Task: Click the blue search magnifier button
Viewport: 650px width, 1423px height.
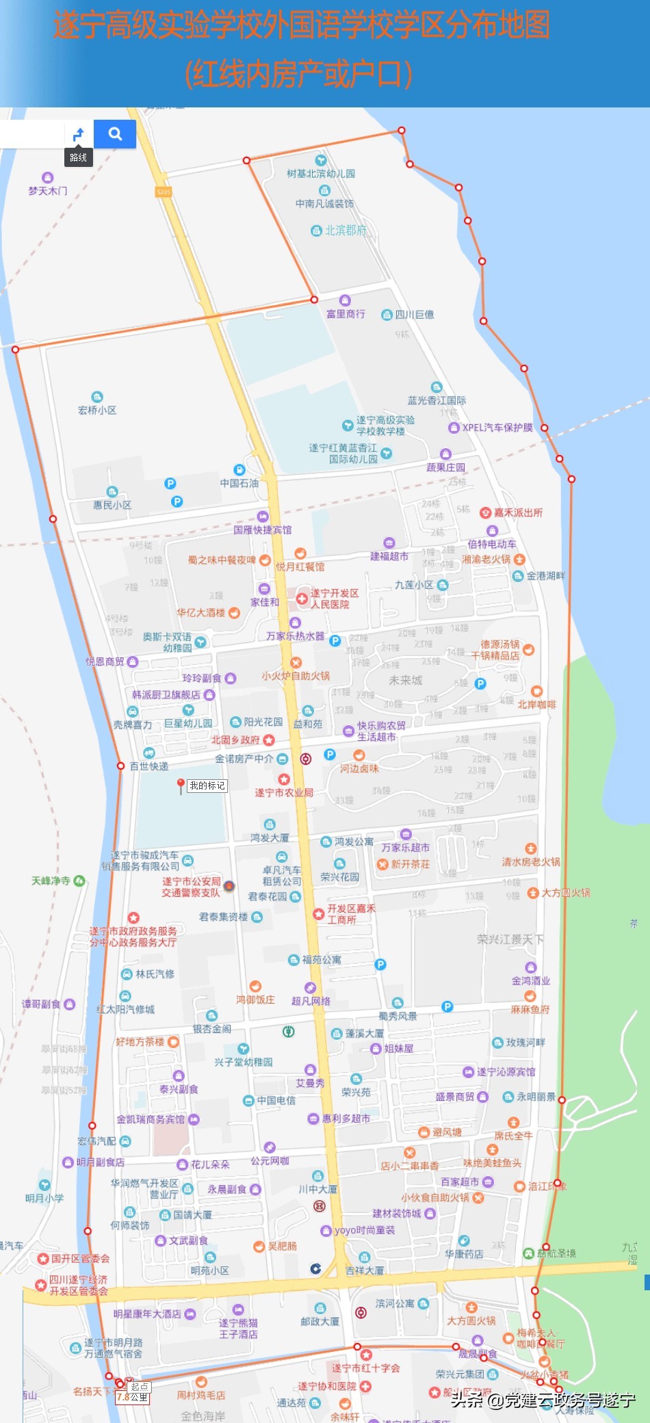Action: [x=115, y=134]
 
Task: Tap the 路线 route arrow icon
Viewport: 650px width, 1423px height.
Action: [x=79, y=134]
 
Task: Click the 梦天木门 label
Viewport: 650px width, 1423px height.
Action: [x=47, y=191]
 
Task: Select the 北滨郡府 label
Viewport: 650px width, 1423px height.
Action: [x=345, y=231]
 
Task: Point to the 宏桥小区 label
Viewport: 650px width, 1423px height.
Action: [x=97, y=410]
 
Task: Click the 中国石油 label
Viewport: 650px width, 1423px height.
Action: [x=239, y=483]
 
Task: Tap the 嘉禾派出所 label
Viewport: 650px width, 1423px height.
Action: [x=517, y=512]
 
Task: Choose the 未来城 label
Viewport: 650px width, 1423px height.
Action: [x=406, y=680]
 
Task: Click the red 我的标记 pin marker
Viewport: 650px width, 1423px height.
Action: [x=180, y=785]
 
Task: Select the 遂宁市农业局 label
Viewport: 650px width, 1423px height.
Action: [x=284, y=792]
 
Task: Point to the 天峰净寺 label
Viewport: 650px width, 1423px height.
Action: [x=51, y=880]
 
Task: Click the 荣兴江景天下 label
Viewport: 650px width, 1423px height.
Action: [x=510, y=939]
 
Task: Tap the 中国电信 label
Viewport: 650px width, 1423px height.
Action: [x=276, y=1100]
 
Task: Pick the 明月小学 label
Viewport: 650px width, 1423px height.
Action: [x=44, y=1198]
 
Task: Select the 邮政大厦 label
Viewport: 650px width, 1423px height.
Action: [x=320, y=1321]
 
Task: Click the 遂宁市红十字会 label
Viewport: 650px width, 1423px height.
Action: [x=366, y=1368]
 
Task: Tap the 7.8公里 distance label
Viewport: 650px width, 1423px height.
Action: [x=132, y=1397]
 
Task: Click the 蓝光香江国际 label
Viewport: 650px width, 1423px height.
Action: [x=437, y=400]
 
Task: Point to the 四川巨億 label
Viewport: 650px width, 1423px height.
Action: [x=414, y=315]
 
